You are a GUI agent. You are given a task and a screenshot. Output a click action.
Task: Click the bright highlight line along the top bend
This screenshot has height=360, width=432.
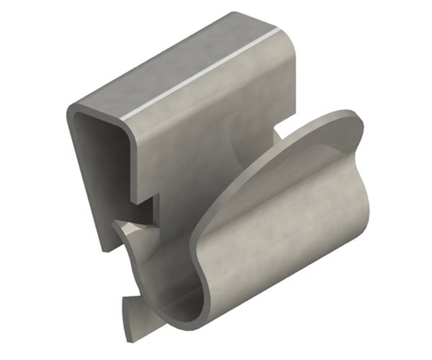pos(202,76)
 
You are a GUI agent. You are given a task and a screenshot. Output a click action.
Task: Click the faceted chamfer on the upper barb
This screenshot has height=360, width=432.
pos(140,230)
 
